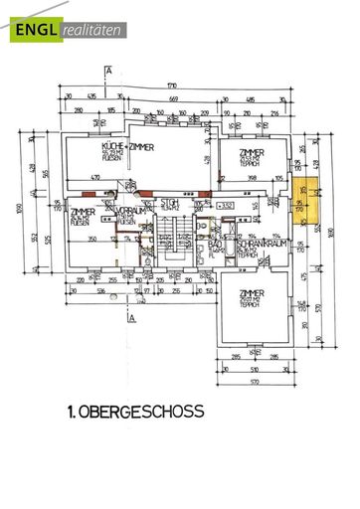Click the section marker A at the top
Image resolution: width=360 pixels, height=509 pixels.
(106, 70)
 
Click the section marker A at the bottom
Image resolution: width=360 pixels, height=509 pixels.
(130, 320)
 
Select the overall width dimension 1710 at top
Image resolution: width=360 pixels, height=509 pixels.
(172, 87)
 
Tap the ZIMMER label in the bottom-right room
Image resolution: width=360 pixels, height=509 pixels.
(252, 294)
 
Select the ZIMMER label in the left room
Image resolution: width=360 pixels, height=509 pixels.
(81, 213)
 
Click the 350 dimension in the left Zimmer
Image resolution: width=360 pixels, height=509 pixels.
(91, 241)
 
